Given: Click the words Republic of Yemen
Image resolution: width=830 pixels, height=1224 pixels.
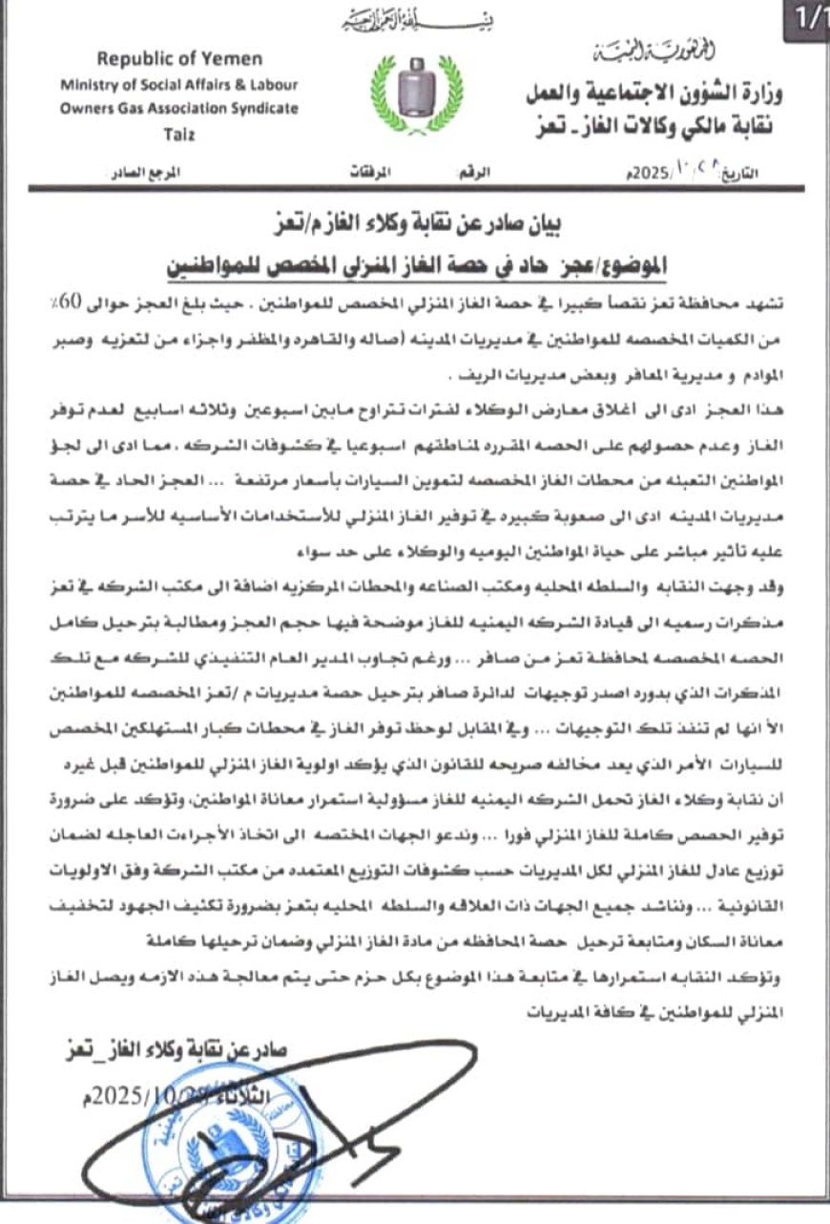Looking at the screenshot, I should click(x=179, y=59).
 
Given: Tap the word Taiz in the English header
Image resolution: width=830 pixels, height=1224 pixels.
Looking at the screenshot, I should click(x=178, y=135).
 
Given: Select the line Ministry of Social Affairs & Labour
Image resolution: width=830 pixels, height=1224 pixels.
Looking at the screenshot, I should click(x=179, y=84).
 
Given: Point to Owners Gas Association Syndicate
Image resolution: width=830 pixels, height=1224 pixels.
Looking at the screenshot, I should click(x=179, y=109).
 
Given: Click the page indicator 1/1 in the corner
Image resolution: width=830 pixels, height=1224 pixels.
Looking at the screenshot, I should click(x=808, y=18).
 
